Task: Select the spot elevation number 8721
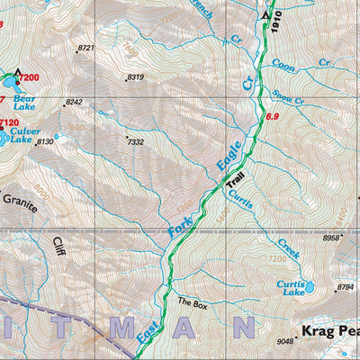click(86, 48)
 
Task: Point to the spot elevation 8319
click(136, 77)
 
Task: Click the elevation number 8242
click(74, 103)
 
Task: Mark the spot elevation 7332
click(135, 141)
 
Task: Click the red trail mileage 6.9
click(272, 117)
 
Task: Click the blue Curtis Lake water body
click(310, 288)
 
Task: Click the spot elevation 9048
click(286, 341)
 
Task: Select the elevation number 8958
click(332, 238)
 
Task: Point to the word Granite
click(18, 205)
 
